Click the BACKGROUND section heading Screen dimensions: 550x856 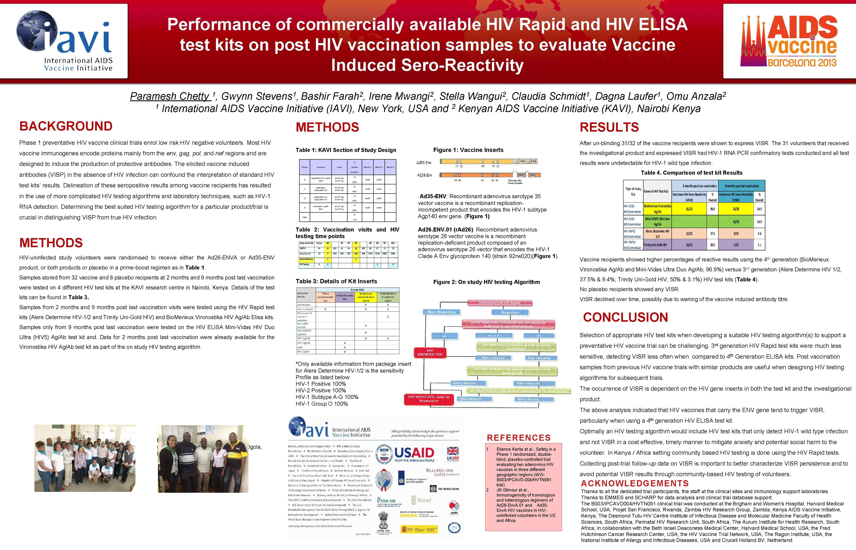click(66, 126)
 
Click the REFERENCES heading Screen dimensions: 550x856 click(519, 438)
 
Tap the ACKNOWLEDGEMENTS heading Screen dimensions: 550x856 click(635, 484)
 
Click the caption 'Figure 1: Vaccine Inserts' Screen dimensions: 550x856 click(468, 150)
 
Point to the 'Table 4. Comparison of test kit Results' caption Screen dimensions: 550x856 click(691, 173)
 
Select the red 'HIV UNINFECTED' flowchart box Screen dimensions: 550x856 click(430, 352)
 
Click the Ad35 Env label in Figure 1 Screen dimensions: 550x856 click(424, 163)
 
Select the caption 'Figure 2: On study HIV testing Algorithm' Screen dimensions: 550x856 click(486, 282)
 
